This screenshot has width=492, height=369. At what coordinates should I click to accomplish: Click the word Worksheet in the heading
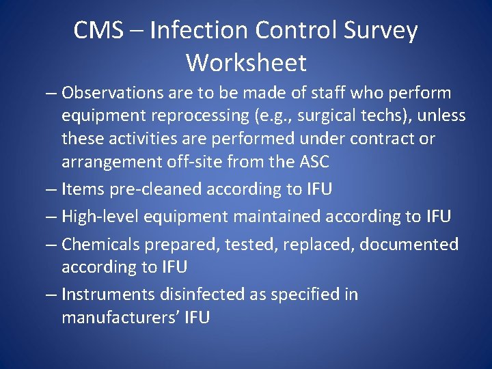tap(246, 63)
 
